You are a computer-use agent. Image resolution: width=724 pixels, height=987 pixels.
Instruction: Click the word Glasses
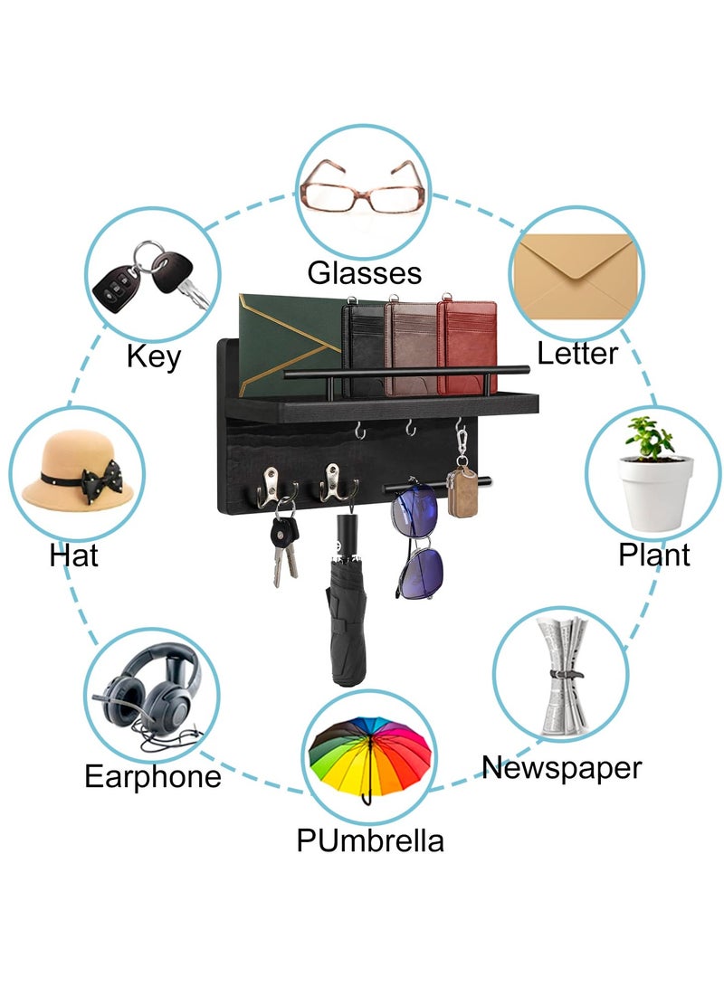pos(364,273)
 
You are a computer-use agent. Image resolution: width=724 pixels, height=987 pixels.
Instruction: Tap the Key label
pos(154,357)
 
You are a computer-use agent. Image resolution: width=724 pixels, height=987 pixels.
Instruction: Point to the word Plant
pos(654,555)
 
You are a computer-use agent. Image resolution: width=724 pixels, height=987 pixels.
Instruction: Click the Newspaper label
pos(562,768)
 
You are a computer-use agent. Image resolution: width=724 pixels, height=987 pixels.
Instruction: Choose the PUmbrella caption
pos(370,840)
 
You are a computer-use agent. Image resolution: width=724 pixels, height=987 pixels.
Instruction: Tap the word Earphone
pos(153,776)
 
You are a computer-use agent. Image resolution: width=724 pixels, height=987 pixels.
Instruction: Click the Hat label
pos(73,555)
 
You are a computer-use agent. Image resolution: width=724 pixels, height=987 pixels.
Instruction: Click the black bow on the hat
pos(102,481)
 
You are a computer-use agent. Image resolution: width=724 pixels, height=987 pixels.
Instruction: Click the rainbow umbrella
pos(370,758)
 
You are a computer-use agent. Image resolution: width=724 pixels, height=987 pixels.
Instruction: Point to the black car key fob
pos(115,287)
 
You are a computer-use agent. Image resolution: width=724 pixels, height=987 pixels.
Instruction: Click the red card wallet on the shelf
pos(467,346)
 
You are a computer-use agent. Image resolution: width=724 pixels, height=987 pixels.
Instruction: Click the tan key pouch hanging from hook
pos(462,491)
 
